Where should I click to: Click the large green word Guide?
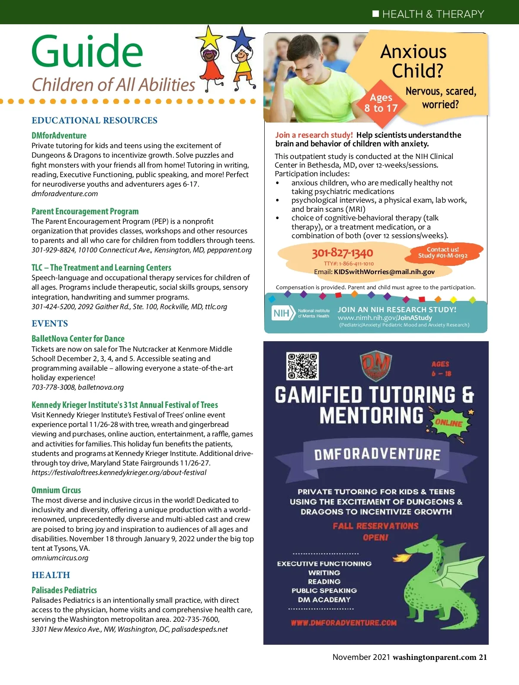pyautogui.click(x=87, y=52)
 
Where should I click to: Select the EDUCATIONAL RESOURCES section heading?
pyautogui.click(x=94, y=120)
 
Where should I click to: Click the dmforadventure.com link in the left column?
pyautogui.click(x=64, y=194)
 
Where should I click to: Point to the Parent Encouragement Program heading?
pyautogui.click(x=85, y=211)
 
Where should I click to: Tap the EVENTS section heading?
pyautogui.click(x=50, y=323)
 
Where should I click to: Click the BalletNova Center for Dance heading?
pyautogui.click(x=78, y=339)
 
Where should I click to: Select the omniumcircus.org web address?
pyautogui.click(x=60, y=558)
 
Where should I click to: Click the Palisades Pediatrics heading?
pyautogui.click(x=64, y=590)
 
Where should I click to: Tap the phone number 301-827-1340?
pyautogui.click(x=342, y=252)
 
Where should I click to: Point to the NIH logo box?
pyautogui.click(x=282, y=313)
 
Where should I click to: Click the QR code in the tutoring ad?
pyautogui.click(x=302, y=366)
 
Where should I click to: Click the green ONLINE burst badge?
pyautogui.click(x=449, y=423)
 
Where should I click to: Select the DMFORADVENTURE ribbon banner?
pyautogui.click(x=377, y=454)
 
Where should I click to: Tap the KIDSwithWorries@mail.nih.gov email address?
pyautogui.click(x=384, y=272)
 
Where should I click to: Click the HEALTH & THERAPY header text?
pyautogui.click(x=433, y=14)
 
